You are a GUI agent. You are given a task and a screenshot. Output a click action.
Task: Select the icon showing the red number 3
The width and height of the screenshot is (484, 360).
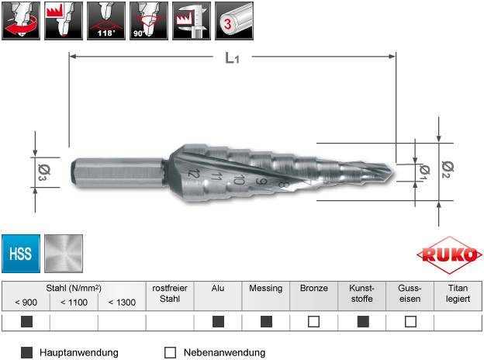[233, 20]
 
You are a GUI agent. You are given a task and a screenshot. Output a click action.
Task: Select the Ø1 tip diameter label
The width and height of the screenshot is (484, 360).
[424, 171]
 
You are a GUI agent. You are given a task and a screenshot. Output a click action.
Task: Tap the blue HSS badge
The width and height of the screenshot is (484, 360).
[21, 254]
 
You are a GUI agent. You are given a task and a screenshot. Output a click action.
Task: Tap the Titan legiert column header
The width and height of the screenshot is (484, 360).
[458, 293]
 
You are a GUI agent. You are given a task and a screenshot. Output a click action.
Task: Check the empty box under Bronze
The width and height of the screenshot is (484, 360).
[313, 321]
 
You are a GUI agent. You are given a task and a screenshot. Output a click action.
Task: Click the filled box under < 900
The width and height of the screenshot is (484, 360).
[26, 321]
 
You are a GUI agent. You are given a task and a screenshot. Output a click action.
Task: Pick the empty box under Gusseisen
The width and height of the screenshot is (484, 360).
[410, 321]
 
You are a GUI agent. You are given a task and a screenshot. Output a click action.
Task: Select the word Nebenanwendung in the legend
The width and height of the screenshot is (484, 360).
[224, 352]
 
